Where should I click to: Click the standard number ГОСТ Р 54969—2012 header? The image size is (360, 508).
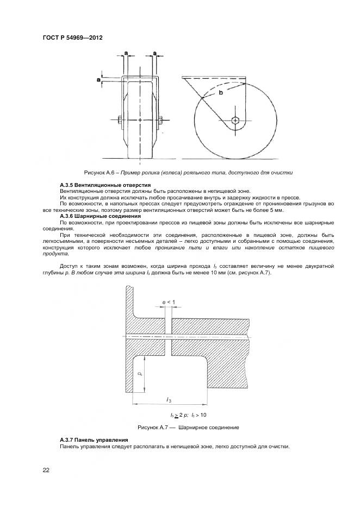pos(72,38)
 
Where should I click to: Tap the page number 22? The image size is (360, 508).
pos(46,470)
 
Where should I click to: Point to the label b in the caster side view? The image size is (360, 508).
pos(220,93)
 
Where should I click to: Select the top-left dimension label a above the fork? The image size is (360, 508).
pos(126,53)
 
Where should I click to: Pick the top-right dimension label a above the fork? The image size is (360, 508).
pos(155,53)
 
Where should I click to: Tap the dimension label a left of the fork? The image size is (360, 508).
pos(98,80)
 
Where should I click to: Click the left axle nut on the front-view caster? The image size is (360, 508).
pos(119,120)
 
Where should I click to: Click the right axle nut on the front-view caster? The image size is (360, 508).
pos(162,120)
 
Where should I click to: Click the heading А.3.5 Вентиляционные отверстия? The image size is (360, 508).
pos(97,186)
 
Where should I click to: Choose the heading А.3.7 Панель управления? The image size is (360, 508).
pos(94,439)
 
